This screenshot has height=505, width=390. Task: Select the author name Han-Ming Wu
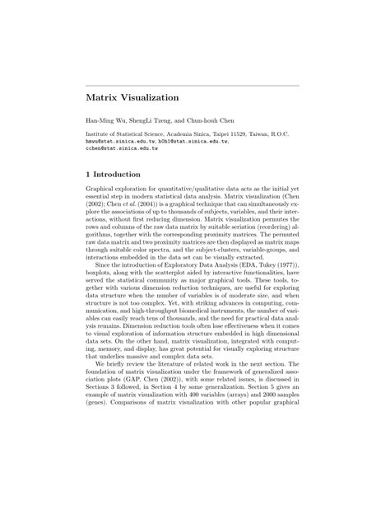point(105,121)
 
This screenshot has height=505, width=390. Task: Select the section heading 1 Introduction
point(119,175)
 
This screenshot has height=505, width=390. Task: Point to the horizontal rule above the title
point(193,85)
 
